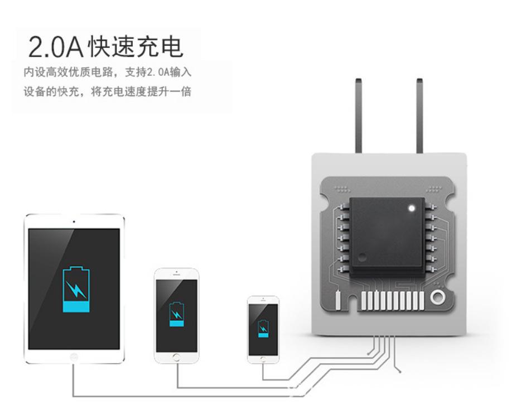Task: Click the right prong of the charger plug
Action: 419,117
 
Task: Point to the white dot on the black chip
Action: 411,209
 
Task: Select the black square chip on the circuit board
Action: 388,232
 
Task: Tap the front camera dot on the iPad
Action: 74,221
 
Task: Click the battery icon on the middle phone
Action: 176,315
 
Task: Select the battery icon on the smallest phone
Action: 263,328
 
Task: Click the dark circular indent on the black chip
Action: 363,258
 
